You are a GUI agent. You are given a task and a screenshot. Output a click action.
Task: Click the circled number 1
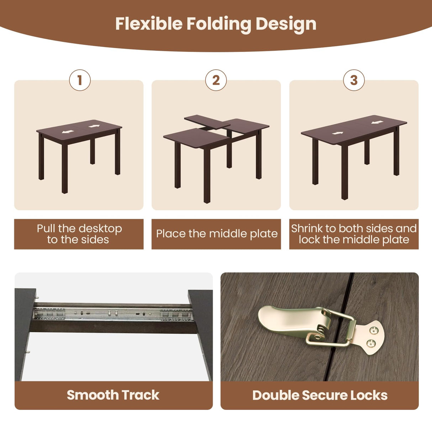80,80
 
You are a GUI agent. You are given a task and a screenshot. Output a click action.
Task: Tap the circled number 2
216,80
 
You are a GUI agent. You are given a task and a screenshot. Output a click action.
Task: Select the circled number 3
354,80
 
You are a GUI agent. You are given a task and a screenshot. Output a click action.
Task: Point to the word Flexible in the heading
149,24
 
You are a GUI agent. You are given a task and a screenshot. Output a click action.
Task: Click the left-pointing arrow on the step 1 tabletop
68,132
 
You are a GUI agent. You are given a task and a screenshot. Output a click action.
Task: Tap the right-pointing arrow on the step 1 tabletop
94,126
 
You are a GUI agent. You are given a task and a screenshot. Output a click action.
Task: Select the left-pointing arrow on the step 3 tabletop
377,122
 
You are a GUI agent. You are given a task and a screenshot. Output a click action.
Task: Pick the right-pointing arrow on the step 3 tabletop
338,133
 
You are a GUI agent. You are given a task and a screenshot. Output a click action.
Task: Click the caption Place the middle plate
216,234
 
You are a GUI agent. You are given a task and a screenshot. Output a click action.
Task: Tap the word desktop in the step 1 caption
100,228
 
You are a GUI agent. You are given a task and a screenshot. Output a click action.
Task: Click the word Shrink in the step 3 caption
307,228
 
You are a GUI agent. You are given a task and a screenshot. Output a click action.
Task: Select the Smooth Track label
113,395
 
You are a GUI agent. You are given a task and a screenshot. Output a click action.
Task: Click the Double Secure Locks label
320,395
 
